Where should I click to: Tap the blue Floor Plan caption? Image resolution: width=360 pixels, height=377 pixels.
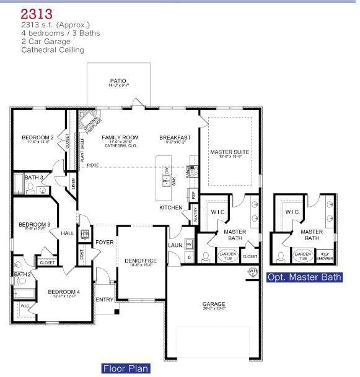[126, 369]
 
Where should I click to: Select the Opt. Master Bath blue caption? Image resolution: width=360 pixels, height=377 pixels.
[304, 277]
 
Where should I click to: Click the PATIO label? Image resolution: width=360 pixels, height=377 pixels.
[118, 81]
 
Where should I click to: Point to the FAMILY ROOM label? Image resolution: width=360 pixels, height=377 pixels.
[120, 137]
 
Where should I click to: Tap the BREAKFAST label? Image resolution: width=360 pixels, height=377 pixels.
[175, 137]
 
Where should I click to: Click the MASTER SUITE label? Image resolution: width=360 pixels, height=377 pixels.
[229, 152]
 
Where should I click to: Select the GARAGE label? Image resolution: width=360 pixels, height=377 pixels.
[214, 304]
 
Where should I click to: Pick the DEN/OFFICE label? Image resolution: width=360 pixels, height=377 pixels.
[141, 261]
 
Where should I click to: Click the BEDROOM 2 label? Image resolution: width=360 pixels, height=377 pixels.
[37, 137]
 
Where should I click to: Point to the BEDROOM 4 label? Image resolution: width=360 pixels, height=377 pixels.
[64, 292]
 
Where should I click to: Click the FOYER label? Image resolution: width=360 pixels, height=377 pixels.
[104, 242]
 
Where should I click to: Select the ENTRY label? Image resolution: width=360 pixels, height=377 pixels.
[104, 300]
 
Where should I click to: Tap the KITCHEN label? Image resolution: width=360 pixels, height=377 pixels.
[170, 207]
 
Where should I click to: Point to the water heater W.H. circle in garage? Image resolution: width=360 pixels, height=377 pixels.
[253, 271]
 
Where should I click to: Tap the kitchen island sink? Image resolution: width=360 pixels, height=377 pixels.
[166, 180]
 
